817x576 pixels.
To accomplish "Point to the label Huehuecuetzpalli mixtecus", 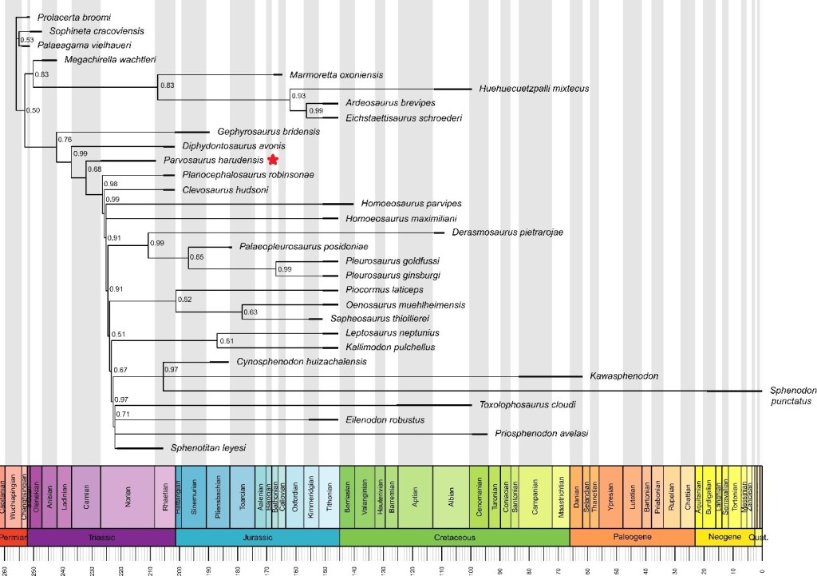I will [x=534, y=89].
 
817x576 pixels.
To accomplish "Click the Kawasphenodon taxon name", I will [x=623, y=375].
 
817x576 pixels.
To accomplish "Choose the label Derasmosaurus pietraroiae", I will [x=507, y=232].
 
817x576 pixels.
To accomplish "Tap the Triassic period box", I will [x=101, y=538].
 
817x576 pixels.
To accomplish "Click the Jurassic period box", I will [x=257, y=538].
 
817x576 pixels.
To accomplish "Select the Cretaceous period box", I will [x=454, y=538].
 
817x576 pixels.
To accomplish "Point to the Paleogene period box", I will [x=632, y=538].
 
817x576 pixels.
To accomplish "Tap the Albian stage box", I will [x=451, y=495].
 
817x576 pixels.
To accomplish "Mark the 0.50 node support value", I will [x=33, y=110].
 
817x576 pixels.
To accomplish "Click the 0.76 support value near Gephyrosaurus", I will [x=65, y=140].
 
